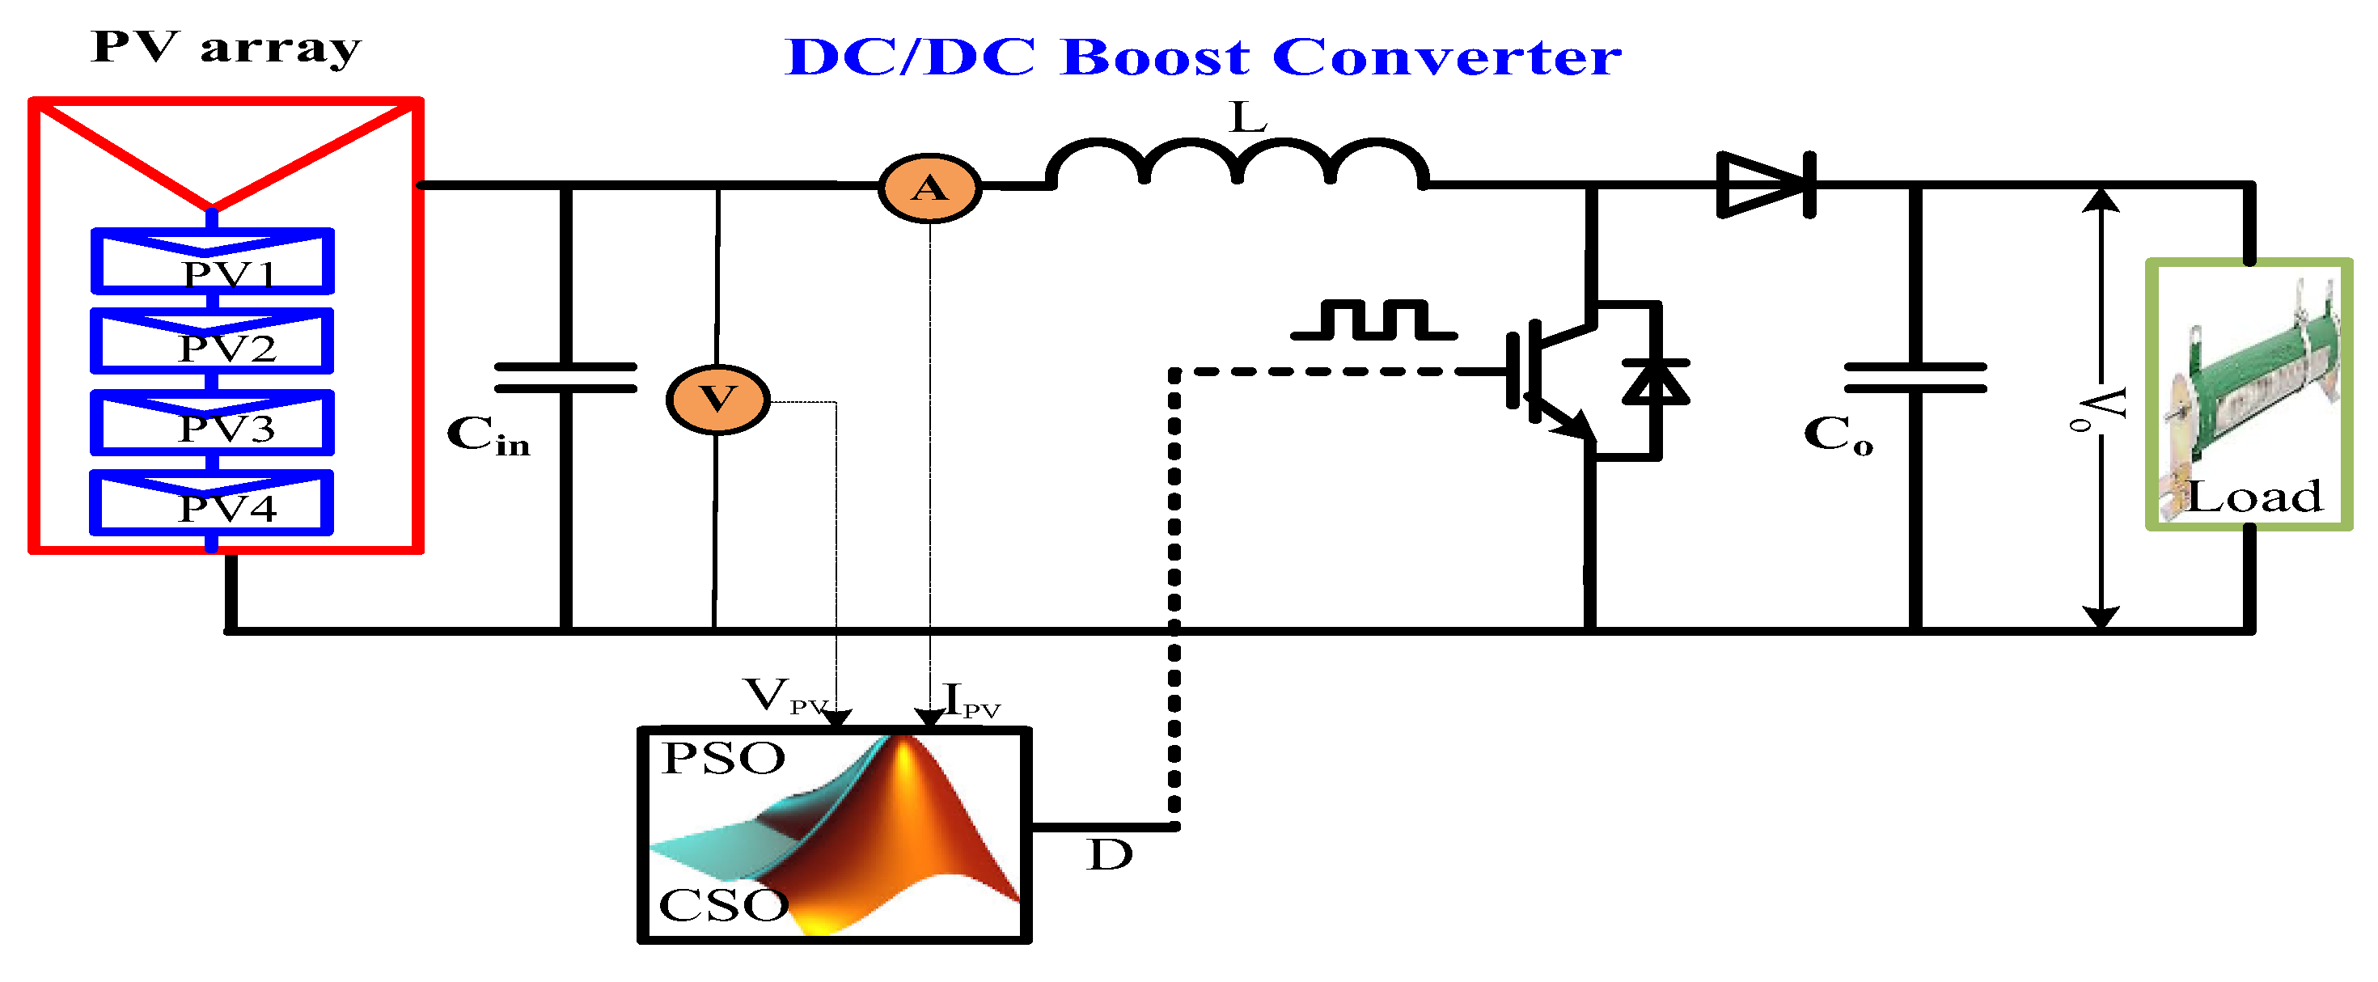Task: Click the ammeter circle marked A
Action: (x=929, y=188)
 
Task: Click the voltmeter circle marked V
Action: (x=717, y=400)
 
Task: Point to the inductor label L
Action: (x=1248, y=118)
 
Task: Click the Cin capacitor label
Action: (x=489, y=434)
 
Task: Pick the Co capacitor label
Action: (x=1838, y=434)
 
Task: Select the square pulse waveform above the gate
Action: (x=1374, y=320)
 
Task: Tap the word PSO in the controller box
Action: (x=723, y=759)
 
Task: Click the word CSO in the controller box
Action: (x=723, y=905)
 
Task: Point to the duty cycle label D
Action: (x=1109, y=856)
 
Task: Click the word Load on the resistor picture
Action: (x=2253, y=497)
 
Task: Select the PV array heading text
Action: (x=226, y=48)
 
